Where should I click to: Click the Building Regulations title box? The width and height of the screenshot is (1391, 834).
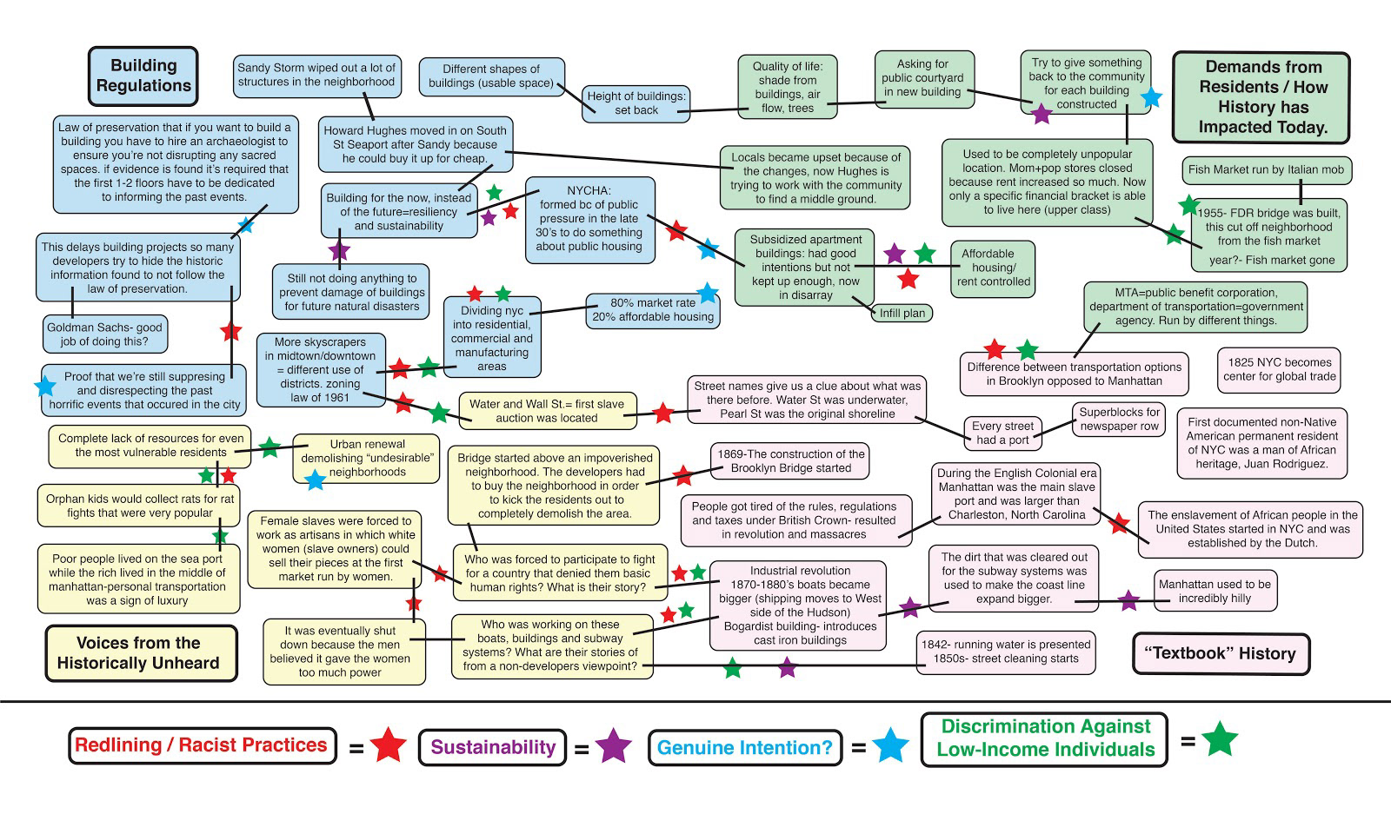[143, 76]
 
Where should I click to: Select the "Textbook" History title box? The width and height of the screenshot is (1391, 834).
[1221, 653]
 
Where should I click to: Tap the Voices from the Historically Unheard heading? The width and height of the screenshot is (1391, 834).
[141, 653]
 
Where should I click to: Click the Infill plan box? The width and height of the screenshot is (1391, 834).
[902, 313]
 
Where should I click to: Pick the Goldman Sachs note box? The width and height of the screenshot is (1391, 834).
[104, 334]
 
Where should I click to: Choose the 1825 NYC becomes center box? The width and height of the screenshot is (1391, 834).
[1279, 369]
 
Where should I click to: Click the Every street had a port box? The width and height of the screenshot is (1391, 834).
[1002, 433]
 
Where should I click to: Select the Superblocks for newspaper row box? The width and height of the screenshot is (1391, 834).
[1120, 419]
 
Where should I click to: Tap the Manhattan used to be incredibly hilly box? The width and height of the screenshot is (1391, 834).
[1215, 591]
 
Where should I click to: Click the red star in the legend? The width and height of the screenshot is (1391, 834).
[388, 745]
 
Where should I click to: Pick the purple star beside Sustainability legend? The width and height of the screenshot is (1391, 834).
[613, 746]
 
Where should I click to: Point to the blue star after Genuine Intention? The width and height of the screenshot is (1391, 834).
[890, 746]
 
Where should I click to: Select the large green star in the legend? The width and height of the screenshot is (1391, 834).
[1219, 739]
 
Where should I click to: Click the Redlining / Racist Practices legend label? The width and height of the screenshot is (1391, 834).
[202, 745]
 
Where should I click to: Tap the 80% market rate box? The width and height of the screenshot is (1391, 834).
[653, 310]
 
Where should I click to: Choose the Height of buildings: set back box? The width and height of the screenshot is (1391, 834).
[636, 103]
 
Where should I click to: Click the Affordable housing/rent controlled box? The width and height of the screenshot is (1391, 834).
[993, 268]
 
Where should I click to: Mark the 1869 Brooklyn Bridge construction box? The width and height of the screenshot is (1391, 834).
[790, 460]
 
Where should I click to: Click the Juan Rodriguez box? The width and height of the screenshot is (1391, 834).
[1262, 443]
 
